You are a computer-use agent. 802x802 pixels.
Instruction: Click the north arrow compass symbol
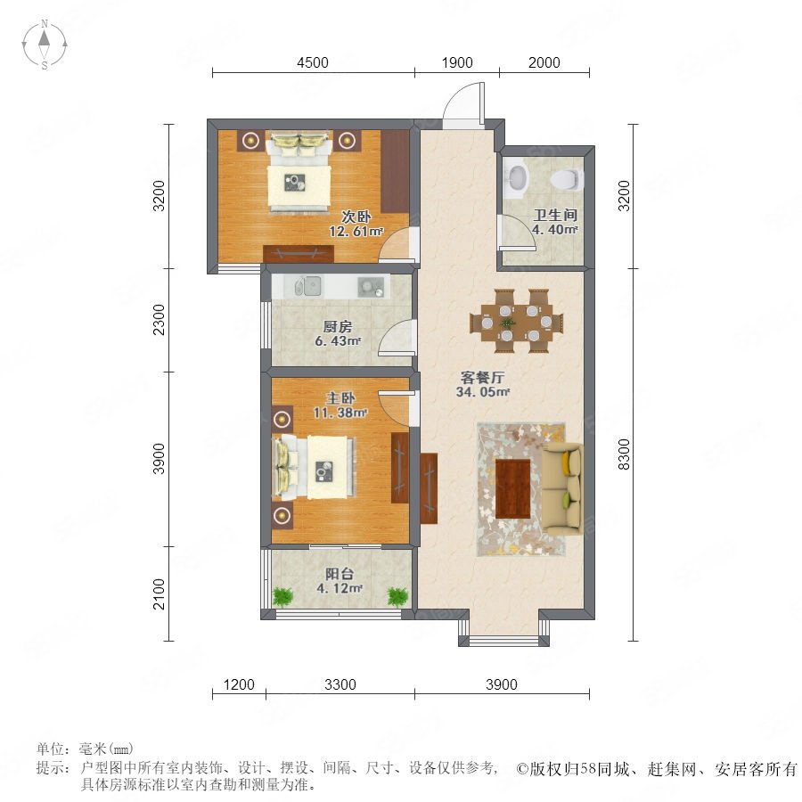[x=45, y=45]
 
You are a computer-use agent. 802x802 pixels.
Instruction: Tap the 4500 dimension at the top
[x=313, y=63]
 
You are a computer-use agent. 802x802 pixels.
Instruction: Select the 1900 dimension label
[x=457, y=63]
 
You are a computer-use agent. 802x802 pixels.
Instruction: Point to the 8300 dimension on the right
[x=624, y=454]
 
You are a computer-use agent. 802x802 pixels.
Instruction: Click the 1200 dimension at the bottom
[x=239, y=684]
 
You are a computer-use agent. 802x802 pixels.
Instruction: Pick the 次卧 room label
[x=356, y=217]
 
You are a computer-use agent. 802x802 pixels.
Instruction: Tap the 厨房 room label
[x=338, y=326]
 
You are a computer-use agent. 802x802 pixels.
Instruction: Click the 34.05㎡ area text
[x=483, y=392]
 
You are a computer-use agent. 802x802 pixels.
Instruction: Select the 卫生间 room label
[x=555, y=215]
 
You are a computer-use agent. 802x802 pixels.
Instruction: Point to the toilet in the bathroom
[x=566, y=178]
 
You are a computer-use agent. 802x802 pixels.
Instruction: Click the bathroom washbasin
[x=517, y=178]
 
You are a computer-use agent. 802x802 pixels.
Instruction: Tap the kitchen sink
[x=307, y=286]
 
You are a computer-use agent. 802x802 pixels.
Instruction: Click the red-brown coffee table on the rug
[x=513, y=488]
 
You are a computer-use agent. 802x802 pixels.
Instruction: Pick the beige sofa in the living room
[x=562, y=489]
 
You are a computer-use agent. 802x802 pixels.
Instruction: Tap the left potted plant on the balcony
[x=282, y=596]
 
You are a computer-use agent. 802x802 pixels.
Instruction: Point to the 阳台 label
[x=340, y=574]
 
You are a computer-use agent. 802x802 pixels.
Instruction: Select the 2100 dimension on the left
[x=160, y=593]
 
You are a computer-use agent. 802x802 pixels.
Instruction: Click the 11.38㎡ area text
[x=340, y=413]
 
